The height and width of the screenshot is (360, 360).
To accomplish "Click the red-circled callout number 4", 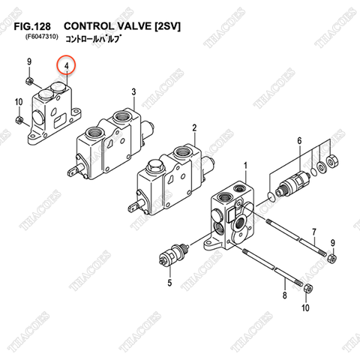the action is click(x=66, y=66).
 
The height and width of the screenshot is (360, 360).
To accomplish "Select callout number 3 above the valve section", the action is click(x=133, y=91).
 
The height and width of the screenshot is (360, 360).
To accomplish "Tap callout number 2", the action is click(x=194, y=127).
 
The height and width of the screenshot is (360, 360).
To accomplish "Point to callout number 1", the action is click(x=245, y=166).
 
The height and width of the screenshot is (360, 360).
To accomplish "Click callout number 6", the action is click(x=299, y=141).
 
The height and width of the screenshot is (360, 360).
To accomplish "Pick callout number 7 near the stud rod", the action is click(x=314, y=232).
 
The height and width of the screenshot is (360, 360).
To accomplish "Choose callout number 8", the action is click(x=285, y=295).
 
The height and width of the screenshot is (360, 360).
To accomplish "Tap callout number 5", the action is click(x=169, y=283).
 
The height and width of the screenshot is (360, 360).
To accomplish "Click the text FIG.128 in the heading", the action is click(x=32, y=26).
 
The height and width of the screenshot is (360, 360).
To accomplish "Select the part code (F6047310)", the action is click(x=41, y=37).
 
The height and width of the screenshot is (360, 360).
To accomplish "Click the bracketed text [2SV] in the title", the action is click(x=167, y=26).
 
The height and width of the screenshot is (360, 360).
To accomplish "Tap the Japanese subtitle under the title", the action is click(x=94, y=38).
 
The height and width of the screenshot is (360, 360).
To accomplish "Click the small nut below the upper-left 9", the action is click(x=29, y=80).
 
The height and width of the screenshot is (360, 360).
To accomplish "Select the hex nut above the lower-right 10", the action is click(x=307, y=289).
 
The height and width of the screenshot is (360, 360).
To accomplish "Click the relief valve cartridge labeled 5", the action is click(x=174, y=254).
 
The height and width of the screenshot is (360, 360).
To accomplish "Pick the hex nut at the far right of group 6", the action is click(x=333, y=160).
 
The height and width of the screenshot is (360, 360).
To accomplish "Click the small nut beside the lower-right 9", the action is click(x=332, y=257).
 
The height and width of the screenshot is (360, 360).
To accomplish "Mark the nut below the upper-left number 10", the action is click(x=19, y=120).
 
